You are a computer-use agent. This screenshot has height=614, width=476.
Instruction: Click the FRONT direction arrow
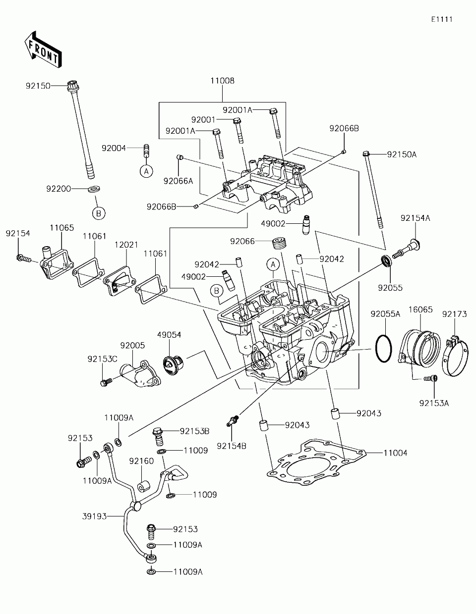pos(43,50)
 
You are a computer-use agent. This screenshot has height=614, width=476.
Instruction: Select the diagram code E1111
pos(442,19)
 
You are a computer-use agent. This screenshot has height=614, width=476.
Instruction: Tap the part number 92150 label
pos(38,86)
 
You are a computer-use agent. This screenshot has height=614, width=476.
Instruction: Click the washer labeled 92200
pos(94,189)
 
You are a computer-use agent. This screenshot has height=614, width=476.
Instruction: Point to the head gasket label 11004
pos(395,453)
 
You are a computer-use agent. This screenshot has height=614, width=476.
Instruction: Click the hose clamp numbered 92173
pos(455,356)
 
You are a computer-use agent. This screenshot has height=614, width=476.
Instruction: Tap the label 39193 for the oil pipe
pos(95,516)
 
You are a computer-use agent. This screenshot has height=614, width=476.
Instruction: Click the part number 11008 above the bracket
pos(222,81)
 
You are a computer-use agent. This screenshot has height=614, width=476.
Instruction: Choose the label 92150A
pos(402,154)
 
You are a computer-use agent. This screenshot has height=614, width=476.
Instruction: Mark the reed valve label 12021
pos(126,245)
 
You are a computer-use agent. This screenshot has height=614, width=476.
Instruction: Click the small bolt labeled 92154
pos(23,258)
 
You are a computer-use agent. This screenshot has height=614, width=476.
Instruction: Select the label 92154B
pos(232,446)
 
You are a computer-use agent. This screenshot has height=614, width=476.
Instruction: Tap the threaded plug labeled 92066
pos(278,243)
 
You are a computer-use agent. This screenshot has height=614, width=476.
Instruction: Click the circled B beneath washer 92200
pos(99,213)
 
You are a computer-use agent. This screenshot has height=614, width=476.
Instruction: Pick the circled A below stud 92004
pos(146,171)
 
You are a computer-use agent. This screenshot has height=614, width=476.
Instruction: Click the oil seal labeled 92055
pos(387,260)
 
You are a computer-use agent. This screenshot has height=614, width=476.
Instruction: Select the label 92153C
pos(102,359)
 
